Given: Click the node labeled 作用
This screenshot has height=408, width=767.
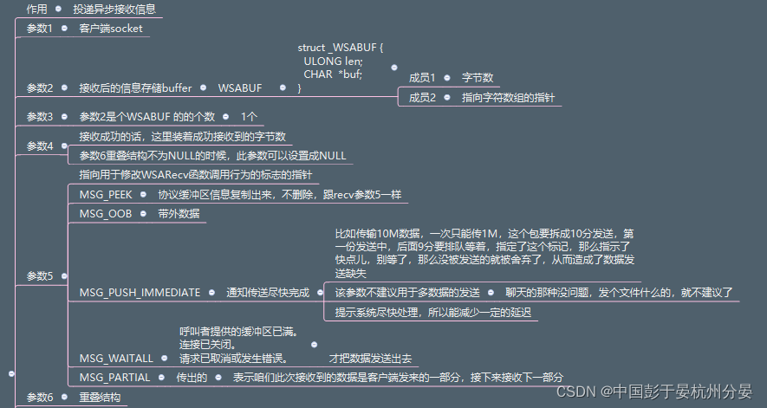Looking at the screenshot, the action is pyautogui.click(x=36, y=9).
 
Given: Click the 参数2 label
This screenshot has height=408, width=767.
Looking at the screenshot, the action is pyautogui.click(x=40, y=87).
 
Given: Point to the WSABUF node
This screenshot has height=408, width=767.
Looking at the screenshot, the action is pyautogui.click(x=239, y=87).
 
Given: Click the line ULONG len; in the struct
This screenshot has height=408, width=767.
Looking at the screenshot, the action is pyautogui.click(x=333, y=61).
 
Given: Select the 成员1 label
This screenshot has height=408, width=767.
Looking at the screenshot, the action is pyautogui.click(x=423, y=78).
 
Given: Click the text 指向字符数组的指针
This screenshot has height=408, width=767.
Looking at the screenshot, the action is pyautogui.click(x=508, y=98).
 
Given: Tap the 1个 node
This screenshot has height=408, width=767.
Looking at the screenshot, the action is pyautogui.click(x=249, y=116).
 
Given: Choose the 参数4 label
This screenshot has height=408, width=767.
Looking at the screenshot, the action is pyautogui.click(x=40, y=146).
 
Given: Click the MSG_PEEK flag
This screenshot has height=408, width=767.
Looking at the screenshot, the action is pyautogui.click(x=106, y=194).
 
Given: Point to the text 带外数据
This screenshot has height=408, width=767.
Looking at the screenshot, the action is pyautogui.click(x=179, y=214).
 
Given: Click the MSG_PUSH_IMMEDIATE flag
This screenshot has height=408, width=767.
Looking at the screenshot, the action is pyautogui.click(x=140, y=293).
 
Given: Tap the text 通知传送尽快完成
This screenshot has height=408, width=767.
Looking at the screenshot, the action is pyautogui.click(x=268, y=293).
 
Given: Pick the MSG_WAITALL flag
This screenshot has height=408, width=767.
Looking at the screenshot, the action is pyautogui.click(x=116, y=358).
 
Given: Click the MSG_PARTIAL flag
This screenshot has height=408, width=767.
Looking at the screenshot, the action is pyautogui.click(x=114, y=378).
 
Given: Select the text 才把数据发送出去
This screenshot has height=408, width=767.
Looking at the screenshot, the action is pyautogui.click(x=370, y=358).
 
